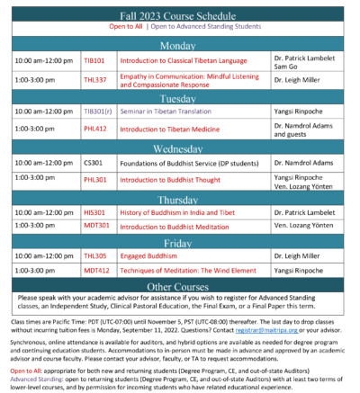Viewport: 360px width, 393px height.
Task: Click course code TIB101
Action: point(94,60)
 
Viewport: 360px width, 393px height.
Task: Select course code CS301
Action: point(93,163)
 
